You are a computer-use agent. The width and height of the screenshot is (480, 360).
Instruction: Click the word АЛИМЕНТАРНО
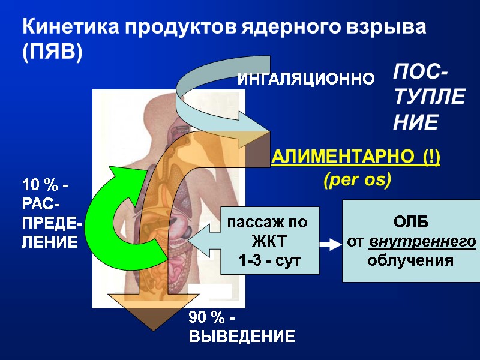coord(341,158)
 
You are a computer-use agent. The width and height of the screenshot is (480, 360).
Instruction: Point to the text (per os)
coord(357,179)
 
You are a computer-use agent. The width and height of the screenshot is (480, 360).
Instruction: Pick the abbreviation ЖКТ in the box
coord(265,242)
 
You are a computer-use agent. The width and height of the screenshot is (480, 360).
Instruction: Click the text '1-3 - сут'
coord(265,261)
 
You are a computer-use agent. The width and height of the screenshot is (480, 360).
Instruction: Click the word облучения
coord(410,261)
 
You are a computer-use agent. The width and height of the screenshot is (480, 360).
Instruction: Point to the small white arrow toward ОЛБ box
coord(329,245)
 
